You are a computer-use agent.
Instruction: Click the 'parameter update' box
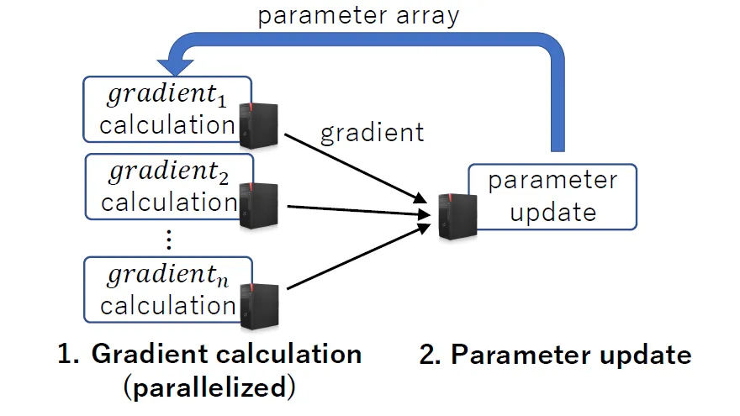(552, 196)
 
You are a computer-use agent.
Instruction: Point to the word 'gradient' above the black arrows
(372, 132)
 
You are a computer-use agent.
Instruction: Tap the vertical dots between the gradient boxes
(169, 241)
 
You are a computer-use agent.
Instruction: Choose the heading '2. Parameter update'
(554, 355)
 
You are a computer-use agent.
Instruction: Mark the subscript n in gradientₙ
(220, 282)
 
